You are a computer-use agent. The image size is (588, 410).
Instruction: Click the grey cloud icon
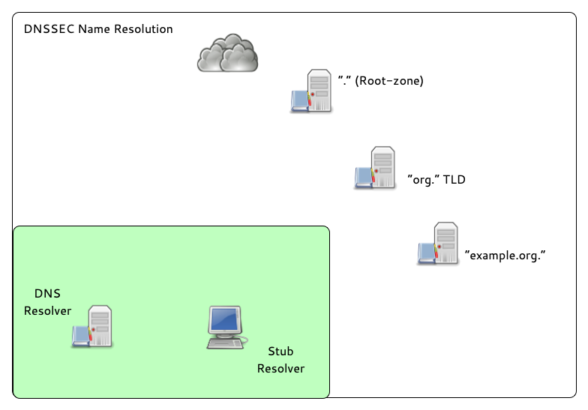(228, 54)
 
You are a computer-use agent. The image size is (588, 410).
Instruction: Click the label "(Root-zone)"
(389, 80)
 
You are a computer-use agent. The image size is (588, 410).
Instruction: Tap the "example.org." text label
(504, 255)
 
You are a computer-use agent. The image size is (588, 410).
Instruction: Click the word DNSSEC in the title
(47, 29)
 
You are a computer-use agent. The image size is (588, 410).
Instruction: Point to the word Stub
(280, 351)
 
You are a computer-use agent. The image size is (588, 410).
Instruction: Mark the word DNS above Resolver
(47, 293)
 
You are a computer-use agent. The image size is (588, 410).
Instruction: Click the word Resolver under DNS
(47, 310)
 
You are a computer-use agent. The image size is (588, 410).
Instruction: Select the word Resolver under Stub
(280, 368)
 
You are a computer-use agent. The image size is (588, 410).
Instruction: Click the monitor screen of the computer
(225, 320)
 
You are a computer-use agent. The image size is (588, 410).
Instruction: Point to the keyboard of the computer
(224, 343)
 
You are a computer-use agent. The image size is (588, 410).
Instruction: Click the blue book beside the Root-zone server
(299, 100)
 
